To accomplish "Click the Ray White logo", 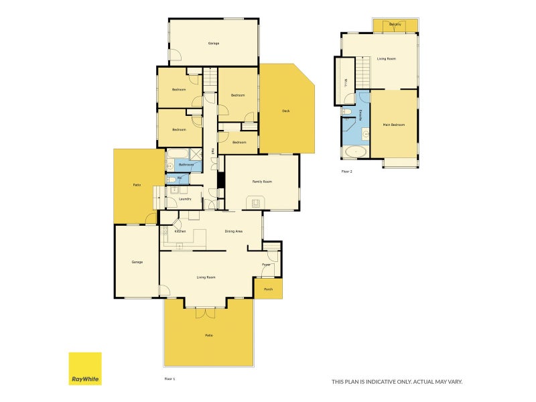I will (85, 368).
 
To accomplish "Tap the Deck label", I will (285, 111).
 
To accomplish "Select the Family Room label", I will (262, 182).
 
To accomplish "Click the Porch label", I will (268, 289).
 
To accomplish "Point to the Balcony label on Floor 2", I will (395, 25).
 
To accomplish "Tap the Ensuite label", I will (362, 115).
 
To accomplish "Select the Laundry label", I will (186, 199).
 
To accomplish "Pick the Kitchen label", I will (180, 232).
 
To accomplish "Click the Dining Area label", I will (233, 231).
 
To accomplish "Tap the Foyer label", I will (266, 265).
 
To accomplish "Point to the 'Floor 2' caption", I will (346, 172).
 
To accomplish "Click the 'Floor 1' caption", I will (170, 379).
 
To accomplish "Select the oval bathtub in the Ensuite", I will (354, 151).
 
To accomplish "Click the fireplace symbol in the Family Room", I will (255, 202).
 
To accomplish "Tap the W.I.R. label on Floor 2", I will (346, 82).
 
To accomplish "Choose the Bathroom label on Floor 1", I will (186, 164).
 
